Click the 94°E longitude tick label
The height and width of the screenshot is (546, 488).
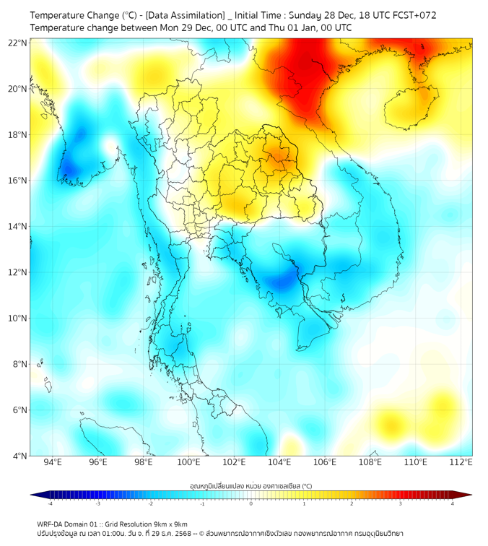53,462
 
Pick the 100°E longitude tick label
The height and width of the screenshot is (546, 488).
188,462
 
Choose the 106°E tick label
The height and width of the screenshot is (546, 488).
325,462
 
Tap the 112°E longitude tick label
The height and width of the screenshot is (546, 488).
461,462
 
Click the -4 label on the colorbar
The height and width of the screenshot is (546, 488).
50,503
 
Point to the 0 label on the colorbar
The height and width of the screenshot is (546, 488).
250,503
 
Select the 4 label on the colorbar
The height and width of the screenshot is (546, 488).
452,503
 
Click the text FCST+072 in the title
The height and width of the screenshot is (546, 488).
414,15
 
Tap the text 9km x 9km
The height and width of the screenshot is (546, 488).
171,524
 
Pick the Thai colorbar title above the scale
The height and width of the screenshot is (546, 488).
250,485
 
